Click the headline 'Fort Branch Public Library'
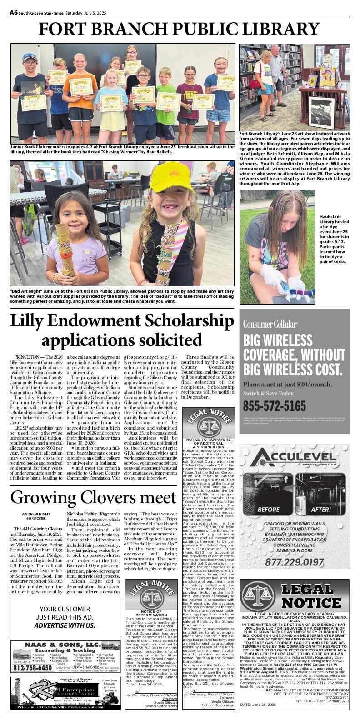point(180,30)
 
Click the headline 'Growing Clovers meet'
point(93,497)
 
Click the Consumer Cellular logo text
point(270,324)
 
